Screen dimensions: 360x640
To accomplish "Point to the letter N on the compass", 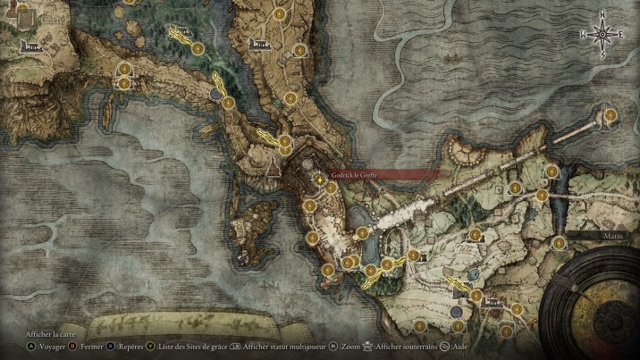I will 603,14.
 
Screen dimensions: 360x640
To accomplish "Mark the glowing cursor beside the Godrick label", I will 318,178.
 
